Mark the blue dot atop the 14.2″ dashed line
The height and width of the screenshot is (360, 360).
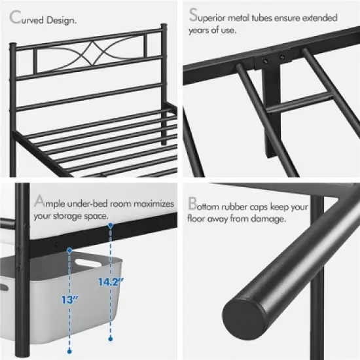point(111,225)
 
